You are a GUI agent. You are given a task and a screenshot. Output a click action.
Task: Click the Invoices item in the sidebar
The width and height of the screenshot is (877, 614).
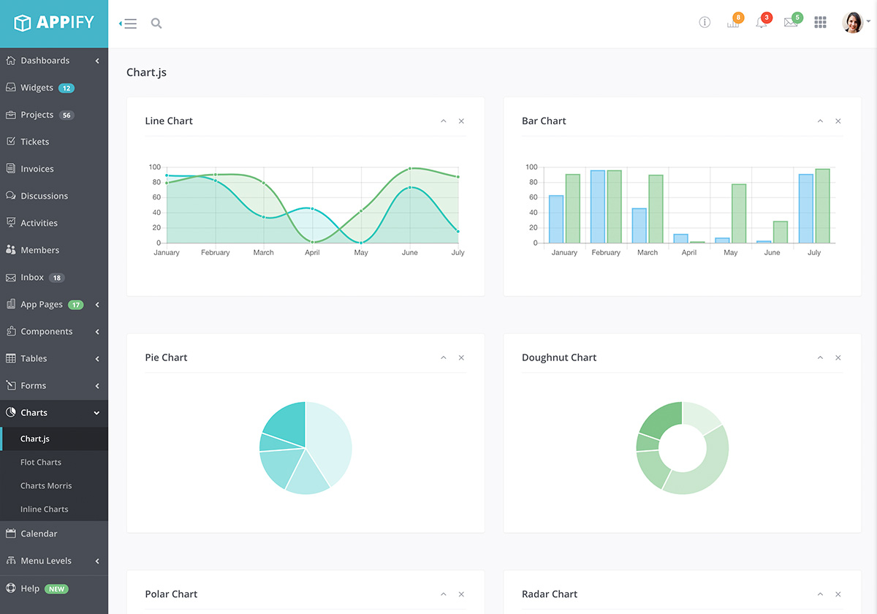(x=37, y=169)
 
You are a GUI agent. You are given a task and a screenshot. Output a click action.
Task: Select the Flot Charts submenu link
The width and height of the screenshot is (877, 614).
(x=41, y=462)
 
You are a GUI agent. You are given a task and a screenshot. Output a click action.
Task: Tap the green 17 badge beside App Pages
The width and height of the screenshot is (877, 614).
(x=75, y=305)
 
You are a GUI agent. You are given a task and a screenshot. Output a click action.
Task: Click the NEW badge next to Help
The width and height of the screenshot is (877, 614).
(x=56, y=588)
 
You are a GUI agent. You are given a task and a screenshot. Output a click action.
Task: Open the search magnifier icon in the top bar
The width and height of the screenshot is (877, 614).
(x=156, y=23)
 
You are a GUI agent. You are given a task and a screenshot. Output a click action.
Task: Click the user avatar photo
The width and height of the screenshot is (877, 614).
(x=852, y=23)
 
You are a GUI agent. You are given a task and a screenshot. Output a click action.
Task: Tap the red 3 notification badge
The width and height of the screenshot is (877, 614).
(x=766, y=18)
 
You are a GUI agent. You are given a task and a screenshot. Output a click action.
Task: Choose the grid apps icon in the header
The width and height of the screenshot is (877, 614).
(x=820, y=23)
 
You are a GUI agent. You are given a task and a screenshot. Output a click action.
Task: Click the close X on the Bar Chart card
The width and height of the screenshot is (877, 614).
(x=838, y=121)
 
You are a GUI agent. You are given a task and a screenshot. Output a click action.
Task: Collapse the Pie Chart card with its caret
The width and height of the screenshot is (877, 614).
(x=443, y=357)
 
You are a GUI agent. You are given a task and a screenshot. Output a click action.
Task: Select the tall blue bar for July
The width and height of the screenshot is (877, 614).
(x=805, y=208)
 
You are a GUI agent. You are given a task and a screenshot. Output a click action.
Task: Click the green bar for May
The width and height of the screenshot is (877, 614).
(x=739, y=213)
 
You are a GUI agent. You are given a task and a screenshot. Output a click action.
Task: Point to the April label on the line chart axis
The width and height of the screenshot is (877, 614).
(x=312, y=253)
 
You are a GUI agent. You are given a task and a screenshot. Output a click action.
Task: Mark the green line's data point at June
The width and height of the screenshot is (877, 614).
(x=410, y=168)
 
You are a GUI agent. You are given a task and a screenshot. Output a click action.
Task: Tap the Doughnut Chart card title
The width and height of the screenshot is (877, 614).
(x=559, y=357)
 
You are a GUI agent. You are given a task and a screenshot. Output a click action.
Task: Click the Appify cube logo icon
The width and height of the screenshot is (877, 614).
(x=23, y=23)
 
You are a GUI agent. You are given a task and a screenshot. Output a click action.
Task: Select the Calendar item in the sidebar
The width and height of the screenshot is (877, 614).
(x=38, y=534)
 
